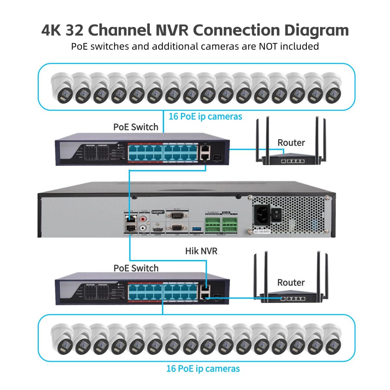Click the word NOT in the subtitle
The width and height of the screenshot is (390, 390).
tap(268, 46)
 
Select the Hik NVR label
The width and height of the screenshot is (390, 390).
tap(201, 251)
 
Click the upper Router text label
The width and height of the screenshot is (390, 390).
tap(291, 142)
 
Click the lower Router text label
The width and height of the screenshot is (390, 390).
tap(291, 282)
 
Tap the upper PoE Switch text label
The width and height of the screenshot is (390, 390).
tap(136, 127)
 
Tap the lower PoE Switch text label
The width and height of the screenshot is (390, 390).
tap(136, 268)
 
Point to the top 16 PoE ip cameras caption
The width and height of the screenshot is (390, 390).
tap(205, 116)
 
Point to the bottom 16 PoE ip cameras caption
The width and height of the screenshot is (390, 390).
tap(203, 369)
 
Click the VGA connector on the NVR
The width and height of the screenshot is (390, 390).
tap(176, 228)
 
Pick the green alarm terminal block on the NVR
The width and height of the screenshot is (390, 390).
tap(222, 224)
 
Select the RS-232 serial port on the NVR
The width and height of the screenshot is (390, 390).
tap(176, 215)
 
